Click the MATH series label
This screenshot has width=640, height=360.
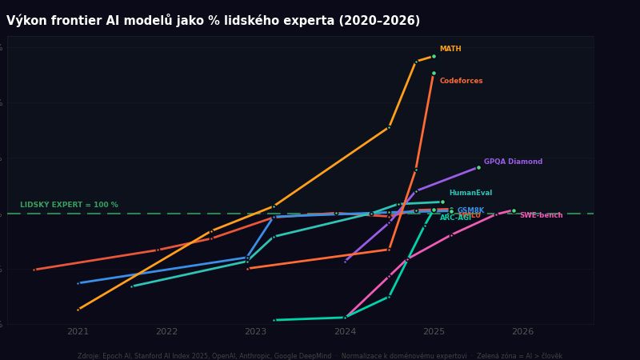pyautogui.click(x=450, y=50)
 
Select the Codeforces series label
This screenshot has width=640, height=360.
pyautogui.click(x=461, y=82)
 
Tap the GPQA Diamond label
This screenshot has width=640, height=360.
pyautogui.click(x=513, y=162)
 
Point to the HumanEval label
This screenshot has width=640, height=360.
pyautogui.click(x=470, y=194)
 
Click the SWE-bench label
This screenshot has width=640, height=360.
pyautogui.click(x=541, y=215)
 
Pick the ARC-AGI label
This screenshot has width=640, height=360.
pyautogui.click(x=455, y=218)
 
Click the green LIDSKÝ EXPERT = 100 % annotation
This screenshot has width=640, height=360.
pyautogui.click(x=69, y=206)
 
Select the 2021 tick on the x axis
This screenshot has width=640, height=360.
pyautogui.click(x=78, y=332)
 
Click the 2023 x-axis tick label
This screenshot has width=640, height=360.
pyautogui.click(x=255, y=332)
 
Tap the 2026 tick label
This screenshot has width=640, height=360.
pyautogui.click(x=522, y=332)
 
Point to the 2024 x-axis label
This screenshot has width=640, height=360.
pyautogui.click(x=345, y=332)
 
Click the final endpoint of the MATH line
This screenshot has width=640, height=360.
pyautogui.click(x=434, y=57)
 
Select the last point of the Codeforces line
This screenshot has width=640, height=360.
pyautogui.click(x=434, y=74)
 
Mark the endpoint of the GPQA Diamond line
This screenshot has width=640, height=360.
pyautogui.click(x=478, y=167)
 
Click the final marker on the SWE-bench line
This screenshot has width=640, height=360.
pyautogui.click(x=514, y=210)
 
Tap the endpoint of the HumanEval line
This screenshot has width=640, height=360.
pyautogui.click(x=442, y=202)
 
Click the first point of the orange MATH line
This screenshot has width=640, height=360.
pyautogui.click(x=78, y=310)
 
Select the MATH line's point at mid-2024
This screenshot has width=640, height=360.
pyautogui.click(x=390, y=127)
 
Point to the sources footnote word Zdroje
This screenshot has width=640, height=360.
pyautogui.click(x=90, y=356)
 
